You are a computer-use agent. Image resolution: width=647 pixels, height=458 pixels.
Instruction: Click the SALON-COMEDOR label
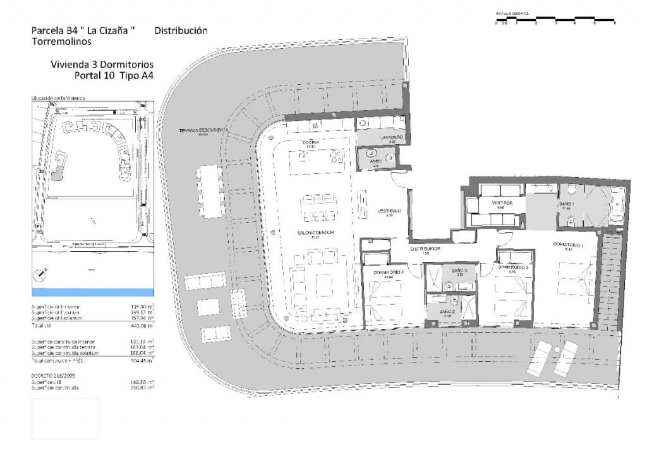tap(316, 233)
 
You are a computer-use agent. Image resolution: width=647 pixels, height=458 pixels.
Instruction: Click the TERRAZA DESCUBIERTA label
tap(202, 131)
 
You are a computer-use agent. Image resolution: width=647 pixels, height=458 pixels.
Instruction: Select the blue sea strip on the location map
tap(92, 292)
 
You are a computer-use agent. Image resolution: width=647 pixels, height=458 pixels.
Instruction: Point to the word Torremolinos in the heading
tap(61, 42)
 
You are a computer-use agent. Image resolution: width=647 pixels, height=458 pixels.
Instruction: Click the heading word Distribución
tap(181, 30)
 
